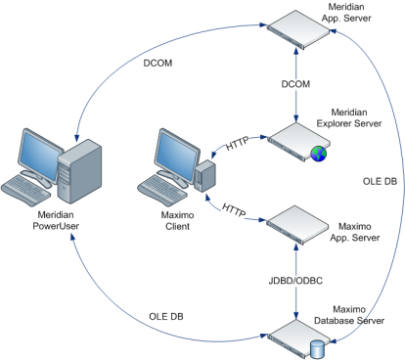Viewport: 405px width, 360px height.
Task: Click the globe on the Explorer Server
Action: pyautogui.click(x=320, y=152)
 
